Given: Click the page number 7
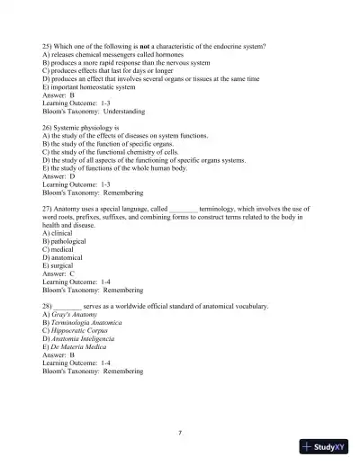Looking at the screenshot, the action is click(x=180, y=433).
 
